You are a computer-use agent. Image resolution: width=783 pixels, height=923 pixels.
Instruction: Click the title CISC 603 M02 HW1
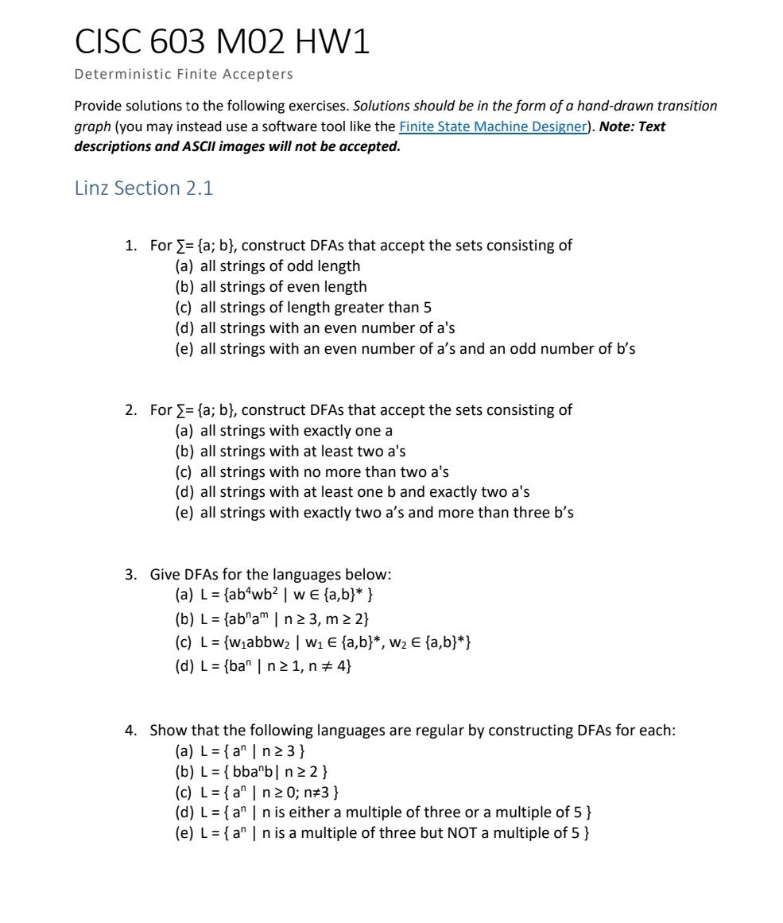(x=222, y=42)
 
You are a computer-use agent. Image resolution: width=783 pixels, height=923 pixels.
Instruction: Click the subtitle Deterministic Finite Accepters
(x=184, y=75)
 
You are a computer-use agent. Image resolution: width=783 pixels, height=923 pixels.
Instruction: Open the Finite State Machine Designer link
(x=492, y=126)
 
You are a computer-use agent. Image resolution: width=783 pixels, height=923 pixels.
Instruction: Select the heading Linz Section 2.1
(x=144, y=188)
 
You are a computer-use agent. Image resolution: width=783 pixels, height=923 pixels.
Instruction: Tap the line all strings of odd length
(x=280, y=266)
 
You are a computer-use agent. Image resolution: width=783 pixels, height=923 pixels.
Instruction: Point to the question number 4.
(x=130, y=730)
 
